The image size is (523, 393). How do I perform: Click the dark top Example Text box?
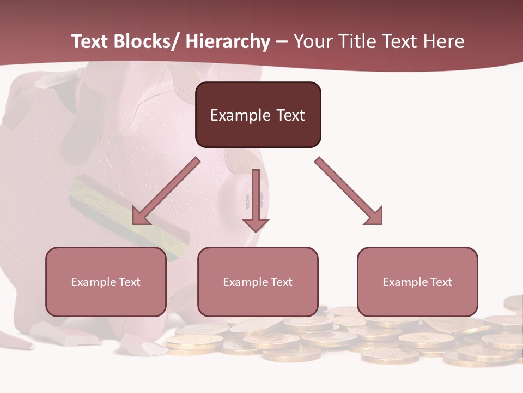(x=258, y=115)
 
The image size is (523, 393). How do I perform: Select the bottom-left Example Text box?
(x=106, y=282)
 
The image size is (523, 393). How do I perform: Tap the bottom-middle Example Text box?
(x=258, y=282)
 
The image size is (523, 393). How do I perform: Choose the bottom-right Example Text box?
(x=417, y=282)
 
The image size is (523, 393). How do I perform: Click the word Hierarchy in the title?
(x=228, y=41)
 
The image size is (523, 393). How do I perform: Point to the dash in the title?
(x=282, y=43)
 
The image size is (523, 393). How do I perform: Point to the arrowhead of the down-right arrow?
(x=373, y=215)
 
